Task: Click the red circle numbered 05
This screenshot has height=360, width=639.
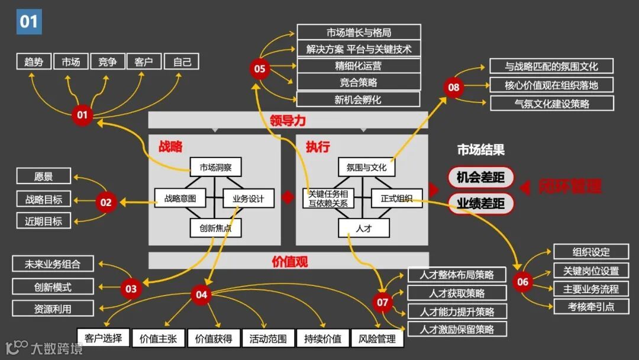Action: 260,69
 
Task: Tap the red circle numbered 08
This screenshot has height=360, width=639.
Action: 453,88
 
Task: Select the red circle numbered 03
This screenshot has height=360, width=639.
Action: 131,289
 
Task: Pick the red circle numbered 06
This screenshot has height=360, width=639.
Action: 522,282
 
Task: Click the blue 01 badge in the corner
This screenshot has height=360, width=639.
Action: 29,22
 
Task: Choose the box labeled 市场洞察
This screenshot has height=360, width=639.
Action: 216,167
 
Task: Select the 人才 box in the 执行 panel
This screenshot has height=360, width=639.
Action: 363,228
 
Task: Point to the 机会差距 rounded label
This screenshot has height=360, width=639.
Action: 480,177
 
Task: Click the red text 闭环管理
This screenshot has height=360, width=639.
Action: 570,187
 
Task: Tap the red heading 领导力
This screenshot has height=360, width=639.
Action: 288,121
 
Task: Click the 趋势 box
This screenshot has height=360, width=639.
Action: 34,62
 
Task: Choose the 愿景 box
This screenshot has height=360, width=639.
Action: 43,176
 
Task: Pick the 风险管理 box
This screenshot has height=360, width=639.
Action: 377,339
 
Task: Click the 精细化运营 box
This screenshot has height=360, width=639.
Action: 358,66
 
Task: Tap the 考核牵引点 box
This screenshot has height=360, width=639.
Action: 591,306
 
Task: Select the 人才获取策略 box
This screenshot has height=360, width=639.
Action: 457,293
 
